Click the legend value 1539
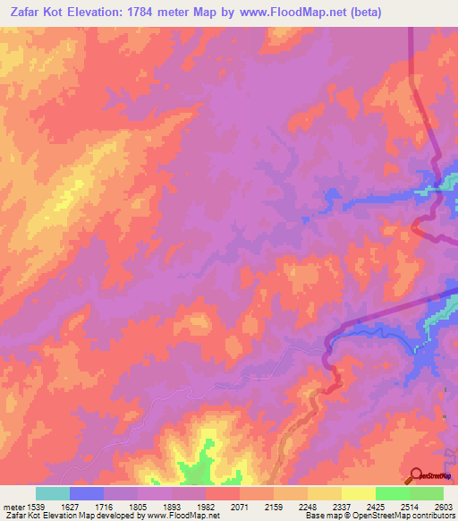pyautogui.click(x=36, y=506)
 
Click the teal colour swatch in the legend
pyautogui.click(x=53, y=493)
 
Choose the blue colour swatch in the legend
pyautogui.click(x=87, y=493)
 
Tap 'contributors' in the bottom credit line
pyautogui.click(x=432, y=517)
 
